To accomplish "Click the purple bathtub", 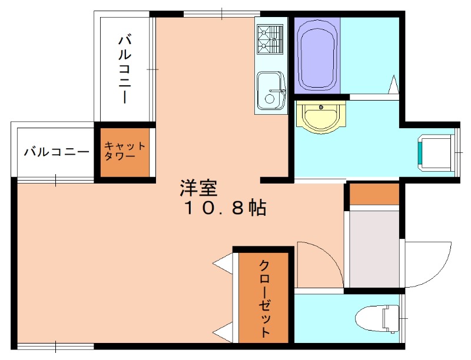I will tap(318, 55).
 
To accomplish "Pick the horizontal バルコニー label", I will tap(56, 152).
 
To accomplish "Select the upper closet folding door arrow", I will tap(224, 264).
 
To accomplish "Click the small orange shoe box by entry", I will tap(374, 194).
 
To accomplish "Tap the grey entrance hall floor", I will tap(374, 247).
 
